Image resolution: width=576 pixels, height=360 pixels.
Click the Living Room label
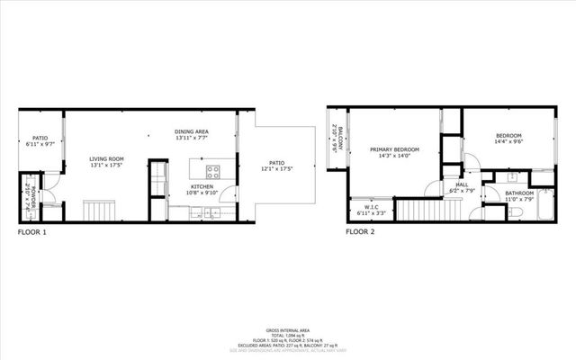pyautogui.click(x=106, y=161)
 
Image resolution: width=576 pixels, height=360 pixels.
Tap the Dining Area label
pyautogui.click(x=192, y=136)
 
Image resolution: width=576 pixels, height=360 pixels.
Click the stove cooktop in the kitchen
pyautogui.click(x=214, y=171)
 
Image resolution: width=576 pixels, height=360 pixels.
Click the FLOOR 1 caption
pyautogui.click(x=32, y=232)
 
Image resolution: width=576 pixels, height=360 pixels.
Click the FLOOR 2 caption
pyautogui.click(x=360, y=232)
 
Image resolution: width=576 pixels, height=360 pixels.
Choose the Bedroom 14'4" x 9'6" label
pyautogui.click(x=509, y=139)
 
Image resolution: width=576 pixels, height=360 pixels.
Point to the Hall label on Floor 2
pyautogui.click(x=461, y=187)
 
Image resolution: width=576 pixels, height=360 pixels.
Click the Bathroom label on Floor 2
pyautogui.click(x=518, y=196)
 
